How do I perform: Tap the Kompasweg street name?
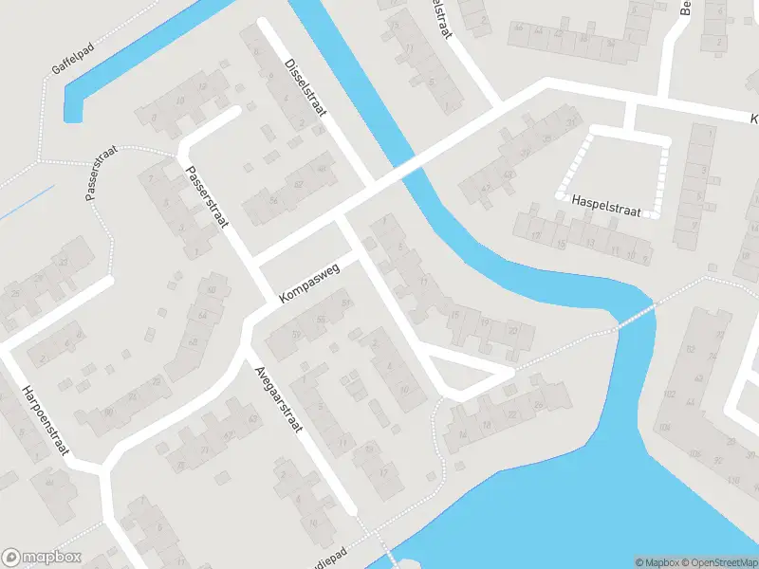pyautogui.click(x=309, y=284)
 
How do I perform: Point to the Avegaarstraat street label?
pyautogui.click(x=277, y=398)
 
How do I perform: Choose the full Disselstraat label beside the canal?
pyautogui.click(x=305, y=86)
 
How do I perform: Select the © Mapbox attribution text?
pyautogui.click(x=657, y=562)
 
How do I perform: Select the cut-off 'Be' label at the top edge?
pyautogui.click(x=686, y=8)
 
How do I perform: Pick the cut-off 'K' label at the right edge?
pyautogui.click(x=753, y=119)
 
